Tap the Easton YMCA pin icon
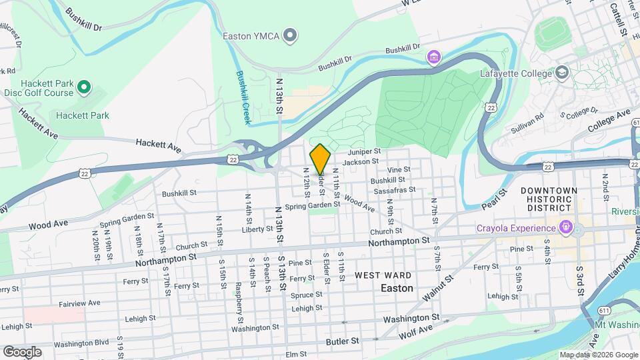[x=290, y=35]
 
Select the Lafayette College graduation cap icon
[x=561, y=72]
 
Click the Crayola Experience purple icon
[x=566, y=228]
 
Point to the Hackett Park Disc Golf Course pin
[x=84, y=87]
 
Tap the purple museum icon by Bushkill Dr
[x=434, y=58]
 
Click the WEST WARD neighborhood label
[x=383, y=275]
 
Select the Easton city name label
[x=397, y=288]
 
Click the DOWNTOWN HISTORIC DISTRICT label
[x=549, y=199]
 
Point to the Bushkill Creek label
[x=241, y=98]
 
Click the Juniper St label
[x=363, y=152]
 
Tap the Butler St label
[x=343, y=340]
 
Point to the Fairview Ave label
[x=79, y=303]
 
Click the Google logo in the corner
[x=22, y=351]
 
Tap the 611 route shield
[x=584, y=311]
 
